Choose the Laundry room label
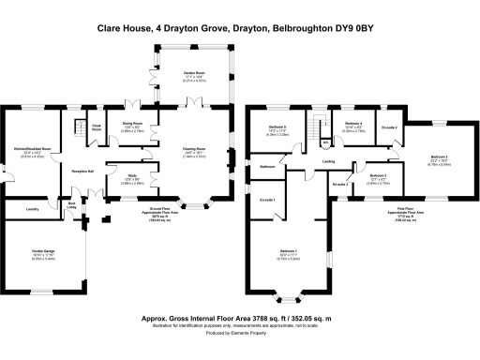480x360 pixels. [32, 209]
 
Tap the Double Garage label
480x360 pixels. [43, 250]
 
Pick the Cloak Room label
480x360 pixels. [97, 127]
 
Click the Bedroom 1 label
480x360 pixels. [289, 251]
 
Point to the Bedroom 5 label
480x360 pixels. [277, 126]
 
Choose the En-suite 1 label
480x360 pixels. [267, 200]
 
